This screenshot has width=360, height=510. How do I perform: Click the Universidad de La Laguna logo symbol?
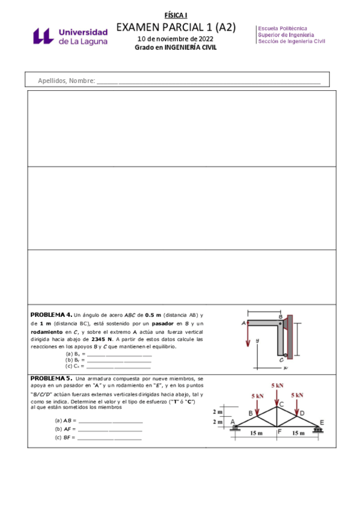(44, 37)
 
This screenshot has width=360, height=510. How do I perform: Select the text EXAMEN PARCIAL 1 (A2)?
(175, 28)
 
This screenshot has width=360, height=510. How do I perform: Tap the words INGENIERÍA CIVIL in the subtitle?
(190, 48)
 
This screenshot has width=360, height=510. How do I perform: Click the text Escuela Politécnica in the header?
(282, 28)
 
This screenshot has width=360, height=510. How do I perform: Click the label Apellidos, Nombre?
(66, 81)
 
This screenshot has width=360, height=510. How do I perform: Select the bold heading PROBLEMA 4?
(51, 314)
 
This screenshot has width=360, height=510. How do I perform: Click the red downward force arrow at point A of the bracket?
(246, 336)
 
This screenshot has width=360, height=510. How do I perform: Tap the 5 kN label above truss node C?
(277, 385)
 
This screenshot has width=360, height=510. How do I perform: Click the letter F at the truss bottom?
(279, 431)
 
